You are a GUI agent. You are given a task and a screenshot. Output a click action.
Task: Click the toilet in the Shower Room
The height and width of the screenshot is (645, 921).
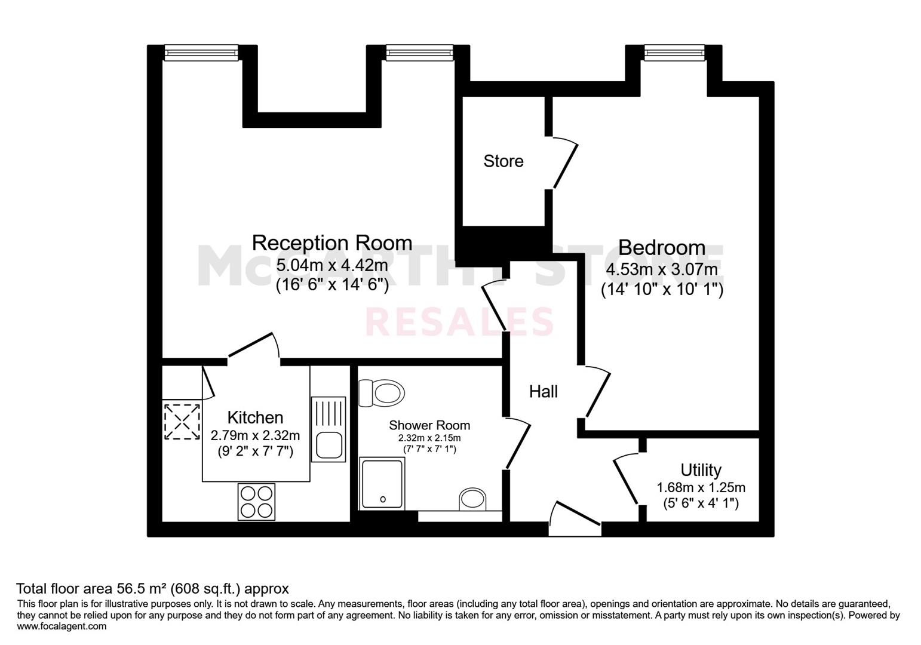[x=381, y=393]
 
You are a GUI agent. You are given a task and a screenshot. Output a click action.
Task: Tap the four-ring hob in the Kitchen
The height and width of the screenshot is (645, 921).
[x=257, y=501]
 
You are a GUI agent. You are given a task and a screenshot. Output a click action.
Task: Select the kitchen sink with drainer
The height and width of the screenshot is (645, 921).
[x=328, y=429]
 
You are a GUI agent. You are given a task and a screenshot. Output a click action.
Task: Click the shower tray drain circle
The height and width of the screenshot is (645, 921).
[x=383, y=499]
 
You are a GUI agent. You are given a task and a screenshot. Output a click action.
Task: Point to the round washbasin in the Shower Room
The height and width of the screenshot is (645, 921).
[x=472, y=499]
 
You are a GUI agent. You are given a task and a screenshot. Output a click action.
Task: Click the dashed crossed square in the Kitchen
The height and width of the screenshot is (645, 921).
[x=182, y=422]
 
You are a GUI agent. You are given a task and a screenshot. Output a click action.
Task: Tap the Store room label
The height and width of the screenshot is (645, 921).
[x=504, y=161]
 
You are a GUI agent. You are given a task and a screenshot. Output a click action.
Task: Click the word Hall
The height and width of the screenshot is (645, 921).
[x=543, y=392]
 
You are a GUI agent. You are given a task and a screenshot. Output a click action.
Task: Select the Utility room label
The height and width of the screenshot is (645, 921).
[x=701, y=470]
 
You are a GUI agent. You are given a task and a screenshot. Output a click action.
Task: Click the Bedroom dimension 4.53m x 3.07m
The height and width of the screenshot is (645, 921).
[x=662, y=270]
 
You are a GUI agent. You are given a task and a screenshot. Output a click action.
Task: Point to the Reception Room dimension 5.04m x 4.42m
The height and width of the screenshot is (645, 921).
[x=332, y=265]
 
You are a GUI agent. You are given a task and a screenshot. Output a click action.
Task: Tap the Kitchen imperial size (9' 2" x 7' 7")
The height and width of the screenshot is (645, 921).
[x=255, y=451]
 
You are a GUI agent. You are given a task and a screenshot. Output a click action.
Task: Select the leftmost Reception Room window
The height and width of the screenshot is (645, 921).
[x=201, y=53]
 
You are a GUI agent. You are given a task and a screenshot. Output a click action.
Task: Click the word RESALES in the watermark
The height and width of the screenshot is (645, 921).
[x=459, y=322]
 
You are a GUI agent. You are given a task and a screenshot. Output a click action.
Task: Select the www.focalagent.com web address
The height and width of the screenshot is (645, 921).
[x=62, y=626]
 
